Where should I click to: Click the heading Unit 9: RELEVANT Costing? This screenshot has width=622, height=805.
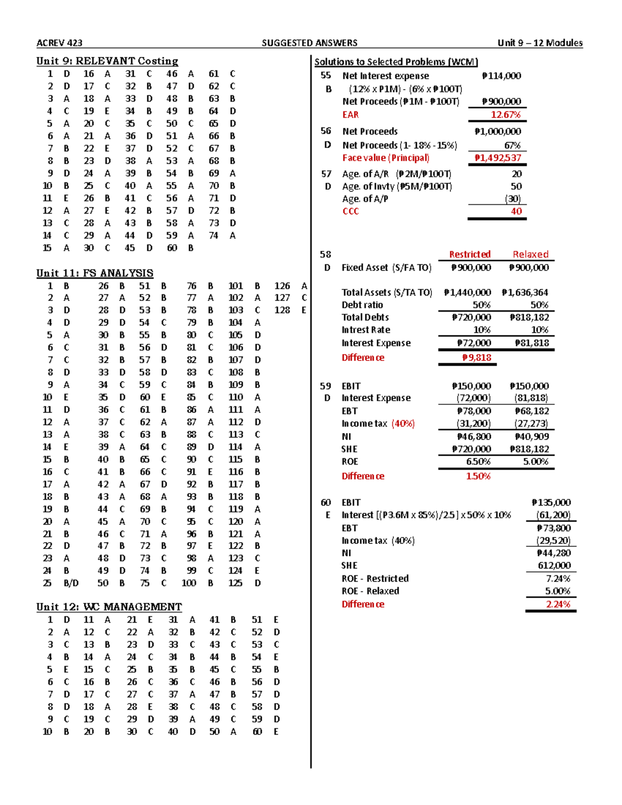click(107, 61)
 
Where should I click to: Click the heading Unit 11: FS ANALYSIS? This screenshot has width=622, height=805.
click(95, 273)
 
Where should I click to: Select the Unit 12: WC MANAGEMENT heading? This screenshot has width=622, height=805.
click(109, 607)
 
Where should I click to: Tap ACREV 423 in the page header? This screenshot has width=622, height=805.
click(59, 43)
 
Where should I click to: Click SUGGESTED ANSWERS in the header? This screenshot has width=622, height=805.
click(309, 43)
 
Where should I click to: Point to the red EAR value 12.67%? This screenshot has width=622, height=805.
click(505, 115)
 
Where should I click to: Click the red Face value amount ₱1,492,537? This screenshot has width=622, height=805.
click(498, 158)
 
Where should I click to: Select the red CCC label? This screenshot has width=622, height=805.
click(350, 211)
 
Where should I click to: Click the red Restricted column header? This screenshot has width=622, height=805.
click(470, 255)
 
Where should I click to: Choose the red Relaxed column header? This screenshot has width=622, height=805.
click(530, 255)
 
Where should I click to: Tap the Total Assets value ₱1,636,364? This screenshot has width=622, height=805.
click(525, 292)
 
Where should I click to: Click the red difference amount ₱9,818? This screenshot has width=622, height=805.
click(476, 357)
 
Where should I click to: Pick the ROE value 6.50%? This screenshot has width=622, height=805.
click(478, 461)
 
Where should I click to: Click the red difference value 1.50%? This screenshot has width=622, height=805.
click(478, 476)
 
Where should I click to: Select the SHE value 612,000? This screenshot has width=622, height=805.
click(554, 566)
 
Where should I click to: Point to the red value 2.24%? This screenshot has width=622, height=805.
click(558, 604)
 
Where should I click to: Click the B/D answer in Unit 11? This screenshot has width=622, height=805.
click(71, 583)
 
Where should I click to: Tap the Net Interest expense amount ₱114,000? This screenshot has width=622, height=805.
click(501, 76)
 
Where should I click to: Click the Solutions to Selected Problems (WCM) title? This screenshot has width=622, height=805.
click(396, 62)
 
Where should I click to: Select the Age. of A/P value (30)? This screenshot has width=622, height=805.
click(513, 199)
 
